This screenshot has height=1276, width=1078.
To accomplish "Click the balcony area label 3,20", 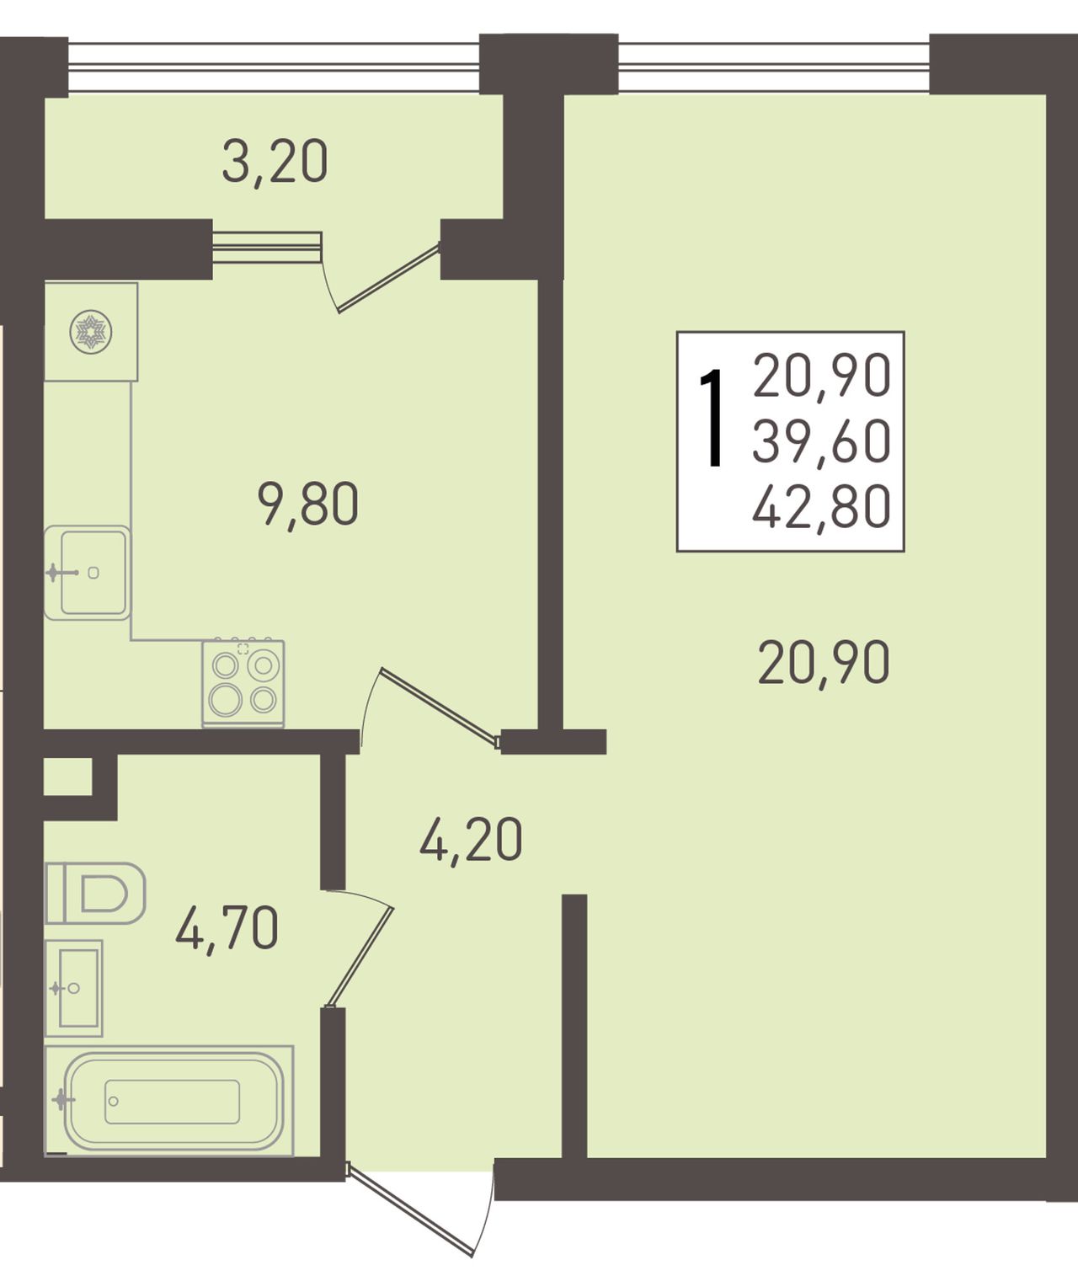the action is pos(275,162).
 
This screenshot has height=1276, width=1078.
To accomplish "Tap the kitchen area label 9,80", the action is pos(308,504).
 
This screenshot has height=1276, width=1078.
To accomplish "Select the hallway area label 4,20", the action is pos(471,840).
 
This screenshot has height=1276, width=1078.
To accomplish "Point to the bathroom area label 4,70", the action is pos(227,927).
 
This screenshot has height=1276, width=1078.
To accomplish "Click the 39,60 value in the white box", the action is pos(821,441).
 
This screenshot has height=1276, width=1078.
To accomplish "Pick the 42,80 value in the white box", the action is pos(821,506).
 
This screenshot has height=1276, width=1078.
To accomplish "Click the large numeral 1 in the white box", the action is pos(713,419).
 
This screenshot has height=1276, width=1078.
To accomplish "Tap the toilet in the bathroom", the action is pos(95,894).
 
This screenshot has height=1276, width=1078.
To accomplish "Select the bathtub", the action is pos(169,1101).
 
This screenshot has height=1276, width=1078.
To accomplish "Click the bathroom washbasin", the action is pos(74,988).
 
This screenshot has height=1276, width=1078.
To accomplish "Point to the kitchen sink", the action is pos(88,573).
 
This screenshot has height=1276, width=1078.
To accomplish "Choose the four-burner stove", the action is pos(243,683).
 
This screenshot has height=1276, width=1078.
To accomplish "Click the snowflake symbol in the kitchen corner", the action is pos(90,332).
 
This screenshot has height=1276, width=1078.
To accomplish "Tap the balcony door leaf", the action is pos(388,278).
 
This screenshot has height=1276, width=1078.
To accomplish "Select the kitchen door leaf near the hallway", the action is pos(440,707).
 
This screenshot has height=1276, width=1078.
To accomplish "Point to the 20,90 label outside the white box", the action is pos(824,663).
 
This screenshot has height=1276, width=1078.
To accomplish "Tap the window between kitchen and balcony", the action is pos(267,248).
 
